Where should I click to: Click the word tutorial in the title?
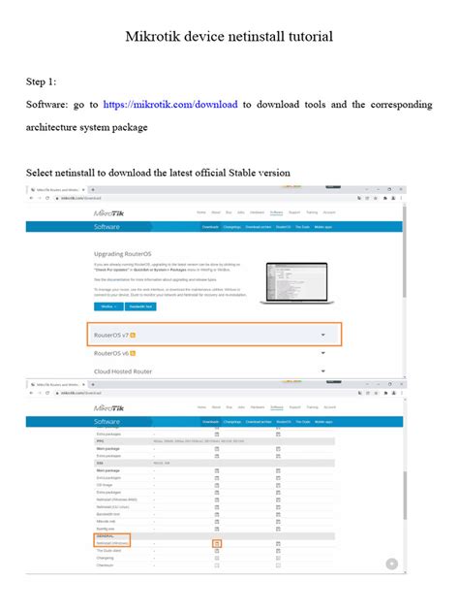pyautogui.click(x=305, y=37)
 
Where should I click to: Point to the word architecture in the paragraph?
pyautogui.click(x=59, y=126)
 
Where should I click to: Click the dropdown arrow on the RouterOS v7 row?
pyautogui.click(x=322, y=335)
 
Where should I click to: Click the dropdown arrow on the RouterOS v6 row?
pyautogui.click(x=322, y=354)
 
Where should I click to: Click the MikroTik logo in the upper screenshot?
pyautogui.click(x=109, y=212)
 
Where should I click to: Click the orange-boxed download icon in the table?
pyautogui.click(x=217, y=543)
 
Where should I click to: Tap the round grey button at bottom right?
pyautogui.click(x=391, y=564)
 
